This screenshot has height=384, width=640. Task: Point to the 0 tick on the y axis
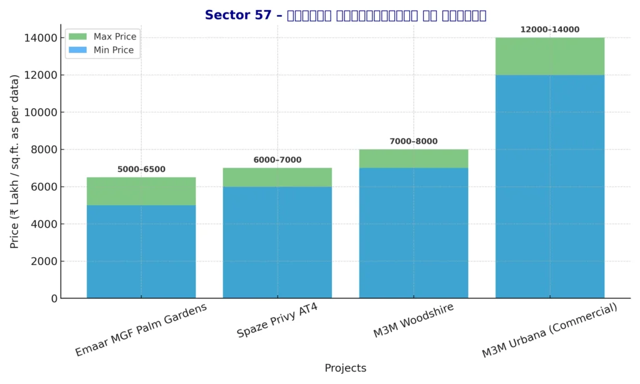click(x=54, y=299)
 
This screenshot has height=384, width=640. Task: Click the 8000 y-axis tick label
click(x=44, y=150)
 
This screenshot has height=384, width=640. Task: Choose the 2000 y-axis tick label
click(x=44, y=261)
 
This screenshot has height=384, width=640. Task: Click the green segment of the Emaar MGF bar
click(x=141, y=191)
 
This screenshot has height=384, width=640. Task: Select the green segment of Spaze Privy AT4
click(x=277, y=178)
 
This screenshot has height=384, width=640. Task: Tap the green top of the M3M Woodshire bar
click(x=413, y=159)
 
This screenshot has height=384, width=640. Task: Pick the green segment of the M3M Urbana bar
click(x=549, y=56)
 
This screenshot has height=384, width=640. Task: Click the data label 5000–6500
click(x=141, y=169)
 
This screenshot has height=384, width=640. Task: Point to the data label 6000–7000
click(x=277, y=160)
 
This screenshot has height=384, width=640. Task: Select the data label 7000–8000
click(x=413, y=141)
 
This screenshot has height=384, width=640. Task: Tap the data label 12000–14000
click(x=549, y=29)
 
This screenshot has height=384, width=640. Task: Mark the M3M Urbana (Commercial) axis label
click(x=549, y=331)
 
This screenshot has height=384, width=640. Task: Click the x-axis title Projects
click(x=345, y=368)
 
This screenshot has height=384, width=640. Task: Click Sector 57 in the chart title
click(x=238, y=15)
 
